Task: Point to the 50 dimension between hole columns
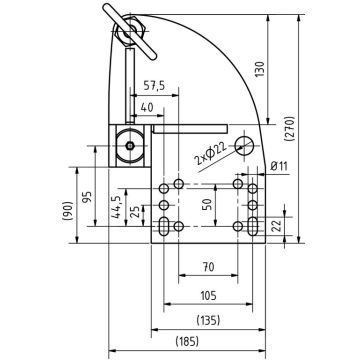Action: (208, 205)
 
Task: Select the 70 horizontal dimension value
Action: (207, 268)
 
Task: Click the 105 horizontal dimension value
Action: (207, 296)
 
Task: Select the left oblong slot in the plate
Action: (162, 226)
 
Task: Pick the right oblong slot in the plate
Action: (253, 226)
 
